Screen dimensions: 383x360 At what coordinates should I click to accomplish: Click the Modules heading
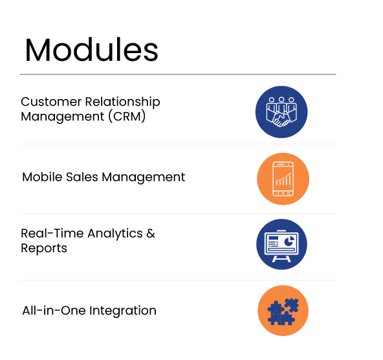click(92, 50)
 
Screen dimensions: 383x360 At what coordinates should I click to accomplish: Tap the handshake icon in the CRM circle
click(281, 120)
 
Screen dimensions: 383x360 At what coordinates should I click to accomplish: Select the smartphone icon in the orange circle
click(283, 179)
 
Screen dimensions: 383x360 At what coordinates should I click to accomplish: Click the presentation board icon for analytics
click(281, 245)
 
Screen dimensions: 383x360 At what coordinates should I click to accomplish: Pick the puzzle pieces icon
click(283, 311)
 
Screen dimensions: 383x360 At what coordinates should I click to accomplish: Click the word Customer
click(51, 102)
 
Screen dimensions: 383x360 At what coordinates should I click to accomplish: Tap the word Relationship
click(123, 102)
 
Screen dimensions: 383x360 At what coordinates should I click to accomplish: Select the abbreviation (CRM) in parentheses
click(127, 117)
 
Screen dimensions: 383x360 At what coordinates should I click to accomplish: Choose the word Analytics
click(115, 234)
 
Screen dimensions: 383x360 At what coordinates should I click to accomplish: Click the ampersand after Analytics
click(151, 233)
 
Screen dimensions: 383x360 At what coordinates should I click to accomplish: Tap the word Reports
click(44, 249)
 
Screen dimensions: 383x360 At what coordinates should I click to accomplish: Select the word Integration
click(123, 311)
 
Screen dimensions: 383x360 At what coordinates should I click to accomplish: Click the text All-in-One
click(54, 311)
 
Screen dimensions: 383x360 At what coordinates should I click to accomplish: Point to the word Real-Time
click(52, 233)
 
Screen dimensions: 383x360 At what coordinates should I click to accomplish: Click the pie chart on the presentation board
click(289, 242)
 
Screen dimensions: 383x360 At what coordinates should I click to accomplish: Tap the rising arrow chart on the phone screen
click(283, 179)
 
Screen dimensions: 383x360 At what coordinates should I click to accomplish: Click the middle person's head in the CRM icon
click(281, 100)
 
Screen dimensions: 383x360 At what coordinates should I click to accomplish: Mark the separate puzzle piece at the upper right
click(292, 305)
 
